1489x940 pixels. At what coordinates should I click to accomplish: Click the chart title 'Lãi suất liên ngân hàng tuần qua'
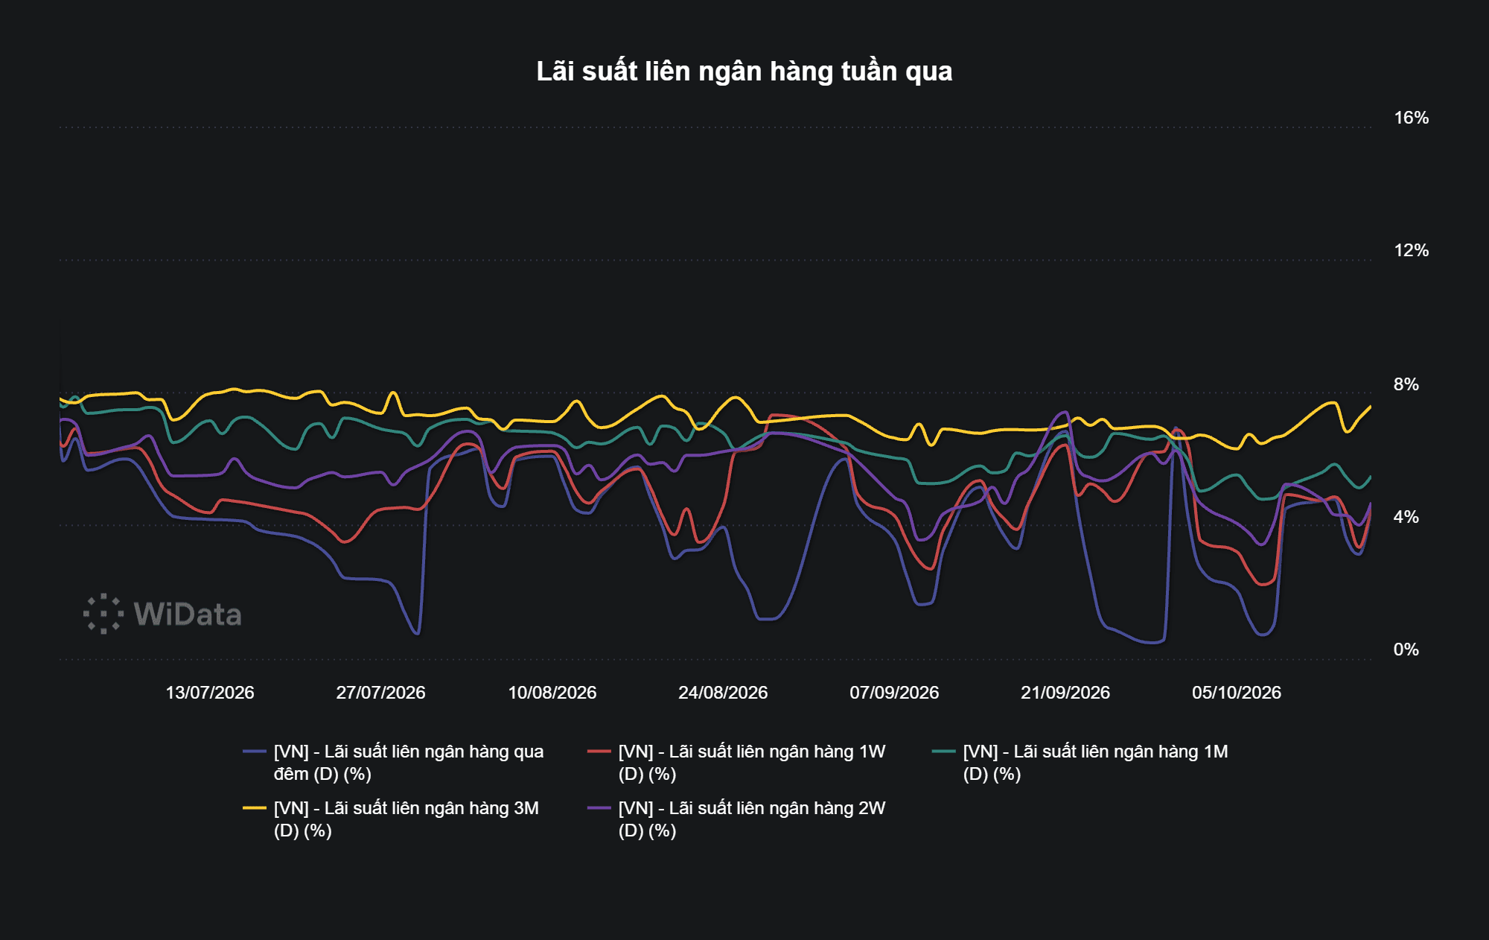point(744,72)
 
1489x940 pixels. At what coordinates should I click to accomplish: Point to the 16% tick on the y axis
point(1411,118)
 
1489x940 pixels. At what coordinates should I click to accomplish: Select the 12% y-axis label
point(1411,250)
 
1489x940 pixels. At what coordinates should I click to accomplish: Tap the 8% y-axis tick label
point(1406,384)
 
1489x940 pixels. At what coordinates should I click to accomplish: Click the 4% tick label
point(1406,517)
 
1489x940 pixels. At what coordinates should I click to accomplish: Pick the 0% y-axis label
point(1406,650)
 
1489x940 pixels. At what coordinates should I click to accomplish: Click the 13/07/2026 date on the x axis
point(210,693)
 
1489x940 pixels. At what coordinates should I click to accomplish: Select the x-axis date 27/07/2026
point(381,693)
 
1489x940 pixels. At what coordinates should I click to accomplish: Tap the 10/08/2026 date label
point(552,693)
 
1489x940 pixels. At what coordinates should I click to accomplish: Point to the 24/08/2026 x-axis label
point(723,693)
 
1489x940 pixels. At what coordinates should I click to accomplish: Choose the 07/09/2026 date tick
point(894,693)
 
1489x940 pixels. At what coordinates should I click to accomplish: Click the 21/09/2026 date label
point(1065,693)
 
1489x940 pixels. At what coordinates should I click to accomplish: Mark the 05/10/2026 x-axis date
point(1237,693)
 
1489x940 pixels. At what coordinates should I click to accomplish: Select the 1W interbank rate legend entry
point(736,763)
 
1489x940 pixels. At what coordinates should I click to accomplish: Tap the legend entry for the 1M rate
point(1080,763)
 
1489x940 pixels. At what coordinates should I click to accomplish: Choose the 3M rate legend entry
point(391,819)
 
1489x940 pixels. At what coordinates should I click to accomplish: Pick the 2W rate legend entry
point(736,819)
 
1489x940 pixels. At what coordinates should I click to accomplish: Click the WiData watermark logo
point(162,615)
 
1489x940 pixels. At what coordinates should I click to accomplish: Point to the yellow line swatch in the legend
point(255,808)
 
